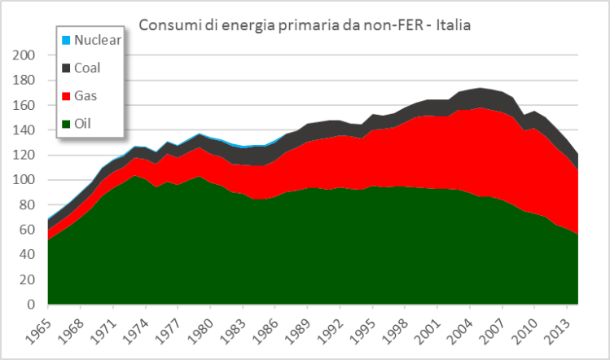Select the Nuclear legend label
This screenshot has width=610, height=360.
pyautogui.click(x=96, y=39)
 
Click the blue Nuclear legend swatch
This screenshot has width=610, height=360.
pyautogui.click(x=66, y=40)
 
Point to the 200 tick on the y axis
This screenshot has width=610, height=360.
pyautogui.click(x=24, y=55)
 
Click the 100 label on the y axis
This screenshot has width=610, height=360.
pyautogui.click(x=24, y=180)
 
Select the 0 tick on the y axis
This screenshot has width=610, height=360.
pyautogui.click(x=31, y=305)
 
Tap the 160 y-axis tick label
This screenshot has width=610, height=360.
pyautogui.click(x=24, y=105)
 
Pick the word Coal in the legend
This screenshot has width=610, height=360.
pyautogui.click(x=87, y=68)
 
